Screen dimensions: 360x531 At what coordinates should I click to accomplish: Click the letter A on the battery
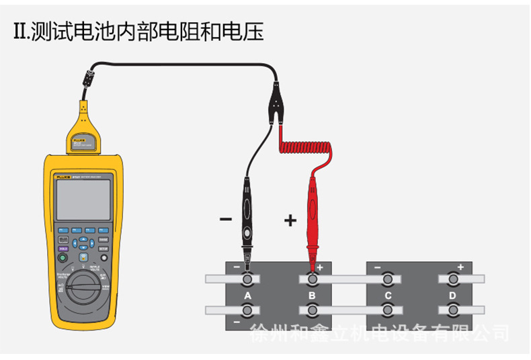[247, 296]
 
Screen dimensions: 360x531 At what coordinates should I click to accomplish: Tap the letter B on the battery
[312, 296]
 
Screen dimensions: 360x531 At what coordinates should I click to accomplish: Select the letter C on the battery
[388, 296]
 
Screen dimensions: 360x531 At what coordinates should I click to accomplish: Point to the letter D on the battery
[452, 296]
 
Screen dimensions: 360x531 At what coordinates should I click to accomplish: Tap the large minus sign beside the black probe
[226, 220]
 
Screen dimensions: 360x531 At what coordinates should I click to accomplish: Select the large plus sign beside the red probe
[290, 220]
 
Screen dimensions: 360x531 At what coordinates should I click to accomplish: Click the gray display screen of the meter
[83, 199]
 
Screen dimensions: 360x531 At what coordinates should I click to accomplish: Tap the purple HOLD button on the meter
[63, 249]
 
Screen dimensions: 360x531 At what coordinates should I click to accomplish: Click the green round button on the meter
[63, 257]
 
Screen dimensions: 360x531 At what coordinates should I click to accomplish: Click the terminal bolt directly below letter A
[247, 310]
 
